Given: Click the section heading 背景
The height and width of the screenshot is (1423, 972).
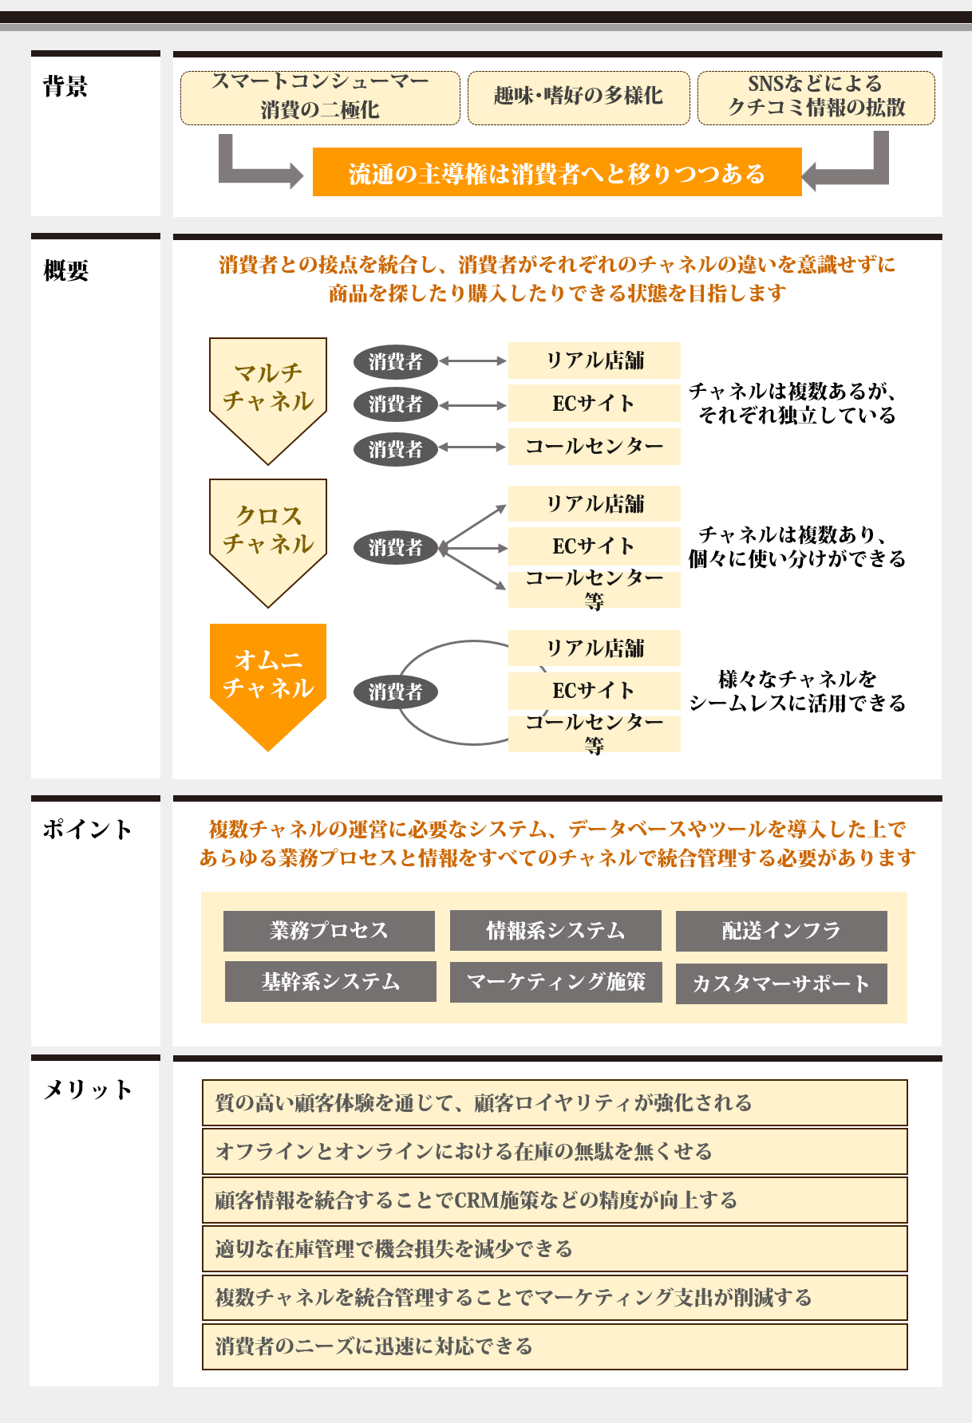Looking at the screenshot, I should pos(65,86).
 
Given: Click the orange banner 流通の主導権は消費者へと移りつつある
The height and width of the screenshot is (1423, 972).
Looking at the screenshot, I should pos(557,172).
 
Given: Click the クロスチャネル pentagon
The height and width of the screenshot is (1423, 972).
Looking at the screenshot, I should pos(268,531).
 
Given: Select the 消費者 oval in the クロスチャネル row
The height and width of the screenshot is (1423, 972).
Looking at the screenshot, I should pos(396,548).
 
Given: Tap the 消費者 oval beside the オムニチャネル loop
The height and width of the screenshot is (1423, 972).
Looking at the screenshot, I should pos(396,692).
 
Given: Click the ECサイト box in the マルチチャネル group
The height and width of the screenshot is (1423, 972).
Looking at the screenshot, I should pos(594,404).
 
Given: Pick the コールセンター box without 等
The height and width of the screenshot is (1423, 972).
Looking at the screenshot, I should pos(594,447).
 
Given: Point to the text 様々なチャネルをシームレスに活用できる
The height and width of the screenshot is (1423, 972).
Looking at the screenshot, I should pos(797,691).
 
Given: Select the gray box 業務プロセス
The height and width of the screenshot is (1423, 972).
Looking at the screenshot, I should pos(329,931).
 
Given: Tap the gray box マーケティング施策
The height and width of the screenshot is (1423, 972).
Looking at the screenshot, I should pos(555,982).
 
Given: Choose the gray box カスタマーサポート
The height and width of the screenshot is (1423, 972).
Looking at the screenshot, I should pos(781,983).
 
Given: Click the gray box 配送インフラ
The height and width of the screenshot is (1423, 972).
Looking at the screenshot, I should pos(781,931).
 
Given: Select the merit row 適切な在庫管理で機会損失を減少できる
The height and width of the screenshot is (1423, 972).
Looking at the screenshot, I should pos(555,1249).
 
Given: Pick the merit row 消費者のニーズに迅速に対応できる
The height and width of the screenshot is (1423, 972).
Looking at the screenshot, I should pos(555,1346).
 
